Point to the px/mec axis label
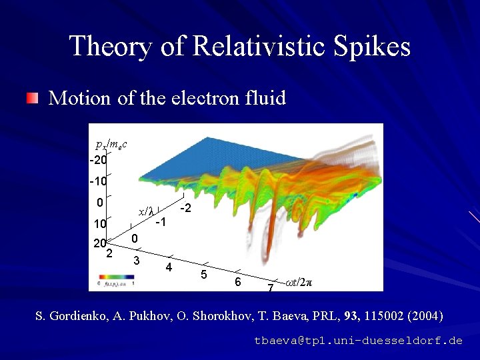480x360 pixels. pyautogui.click(x=111, y=144)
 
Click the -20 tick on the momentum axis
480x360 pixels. pyautogui.click(x=98, y=160)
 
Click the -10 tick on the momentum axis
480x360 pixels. pyautogui.click(x=98, y=181)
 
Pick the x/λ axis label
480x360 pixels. pyautogui.click(x=146, y=211)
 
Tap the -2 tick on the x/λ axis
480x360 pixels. pyautogui.click(x=187, y=209)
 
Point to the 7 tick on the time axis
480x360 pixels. pyautogui.click(x=270, y=288)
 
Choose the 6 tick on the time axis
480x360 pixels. pyautogui.click(x=237, y=282)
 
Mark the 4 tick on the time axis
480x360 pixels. pyautogui.click(x=169, y=267)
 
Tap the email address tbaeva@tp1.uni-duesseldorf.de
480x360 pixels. pyautogui.click(x=358, y=340)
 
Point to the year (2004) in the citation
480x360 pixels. pyautogui.click(x=427, y=315)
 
